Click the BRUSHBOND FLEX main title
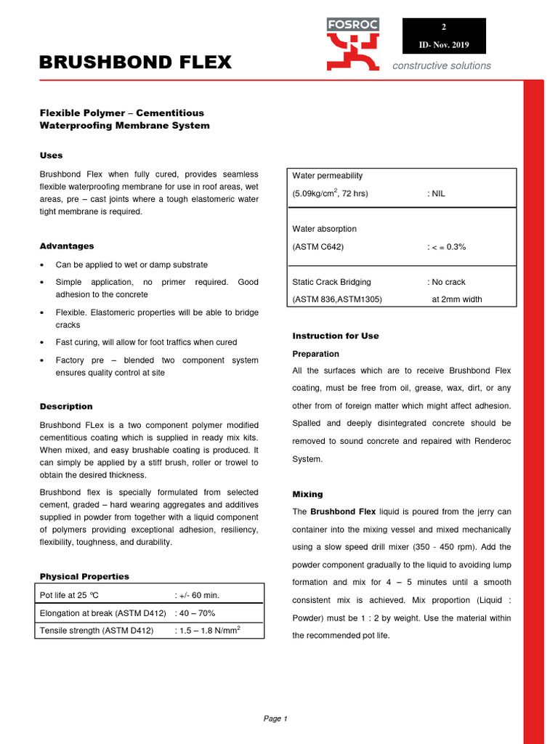[x=135, y=63]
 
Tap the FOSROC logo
[x=352, y=44]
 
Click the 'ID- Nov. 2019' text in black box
[x=444, y=45]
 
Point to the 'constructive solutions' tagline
[x=442, y=66]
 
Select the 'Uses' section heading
[x=51, y=155]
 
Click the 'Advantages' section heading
[x=67, y=246]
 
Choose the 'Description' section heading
[x=66, y=407]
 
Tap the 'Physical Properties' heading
[x=84, y=577]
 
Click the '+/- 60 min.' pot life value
[x=198, y=596]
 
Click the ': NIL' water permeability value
[x=436, y=194]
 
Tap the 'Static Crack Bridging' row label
[x=331, y=282]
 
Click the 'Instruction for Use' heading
[x=335, y=336]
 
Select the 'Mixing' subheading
[x=307, y=495]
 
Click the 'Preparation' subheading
[x=315, y=355]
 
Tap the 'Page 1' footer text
[x=275, y=719]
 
